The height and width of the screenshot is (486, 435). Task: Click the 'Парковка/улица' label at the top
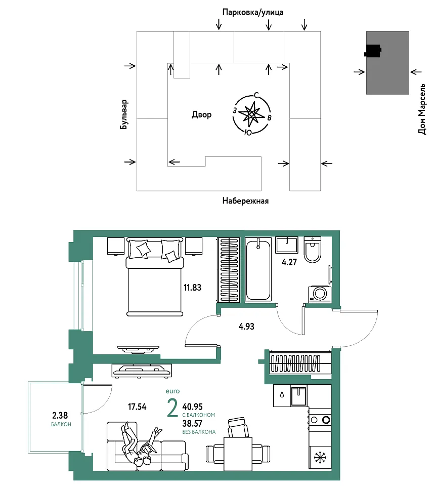click(252, 12)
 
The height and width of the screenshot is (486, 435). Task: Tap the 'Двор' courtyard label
click(201, 115)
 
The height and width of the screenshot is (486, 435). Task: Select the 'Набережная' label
click(245, 201)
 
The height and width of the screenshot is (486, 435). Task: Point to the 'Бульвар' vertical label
click(123, 114)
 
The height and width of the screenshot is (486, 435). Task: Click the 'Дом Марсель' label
click(422, 109)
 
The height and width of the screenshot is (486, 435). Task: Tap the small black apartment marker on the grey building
click(373, 51)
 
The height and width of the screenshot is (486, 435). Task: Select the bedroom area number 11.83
click(192, 288)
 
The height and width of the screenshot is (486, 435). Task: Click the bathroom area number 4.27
click(289, 262)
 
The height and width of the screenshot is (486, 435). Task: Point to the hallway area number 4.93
click(246, 327)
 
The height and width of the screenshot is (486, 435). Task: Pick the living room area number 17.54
click(137, 407)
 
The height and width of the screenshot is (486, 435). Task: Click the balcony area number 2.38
click(60, 415)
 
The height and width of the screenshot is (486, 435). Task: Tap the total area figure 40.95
click(192, 407)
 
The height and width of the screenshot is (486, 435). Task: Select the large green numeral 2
click(172, 408)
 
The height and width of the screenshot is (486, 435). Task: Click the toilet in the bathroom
click(313, 250)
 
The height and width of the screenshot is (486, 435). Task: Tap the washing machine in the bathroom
click(320, 294)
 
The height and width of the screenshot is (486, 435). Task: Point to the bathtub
click(258, 269)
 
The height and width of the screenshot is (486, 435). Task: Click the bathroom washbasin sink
click(287, 245)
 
